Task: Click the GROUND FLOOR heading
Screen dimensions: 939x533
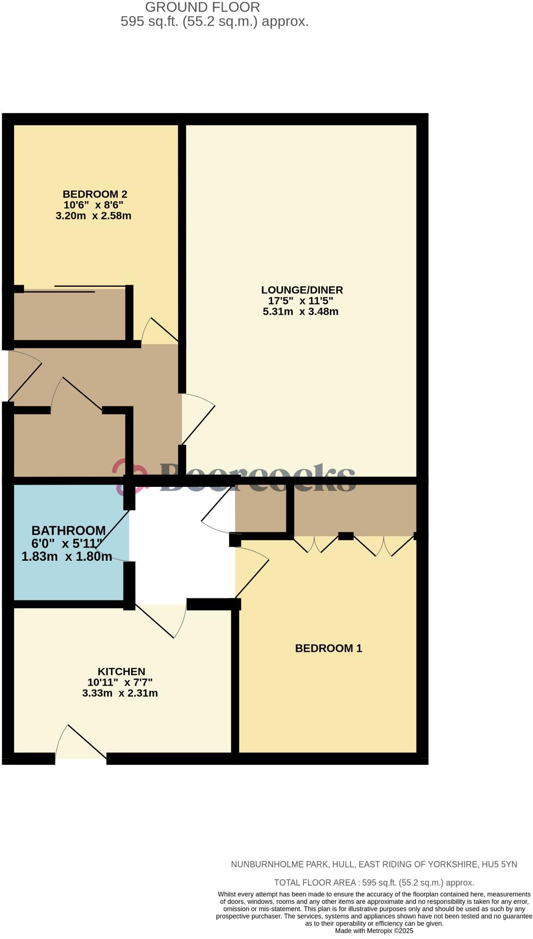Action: click(x=202, y=7)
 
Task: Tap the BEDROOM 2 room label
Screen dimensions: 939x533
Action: click(x=95, y=194)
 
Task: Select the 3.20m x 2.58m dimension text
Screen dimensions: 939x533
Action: click(x=93, y=216)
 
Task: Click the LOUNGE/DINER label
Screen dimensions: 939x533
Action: click(x=302, y=290)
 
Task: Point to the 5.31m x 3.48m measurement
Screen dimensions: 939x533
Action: click(x=301, y=312)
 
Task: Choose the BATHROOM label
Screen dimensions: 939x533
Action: click(x=69, y=530)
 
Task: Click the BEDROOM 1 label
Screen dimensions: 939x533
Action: click(x=328, y=648)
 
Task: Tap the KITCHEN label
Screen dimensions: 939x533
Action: click(x=121, y=672)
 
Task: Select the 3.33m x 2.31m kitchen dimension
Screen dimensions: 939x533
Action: click(x=120, y=693)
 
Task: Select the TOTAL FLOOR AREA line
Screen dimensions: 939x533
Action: click(x=374, y=883)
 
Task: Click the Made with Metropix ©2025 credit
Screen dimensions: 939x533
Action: click(x=374, y=931)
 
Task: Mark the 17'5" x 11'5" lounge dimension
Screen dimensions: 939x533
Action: click(x=301, y=301)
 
